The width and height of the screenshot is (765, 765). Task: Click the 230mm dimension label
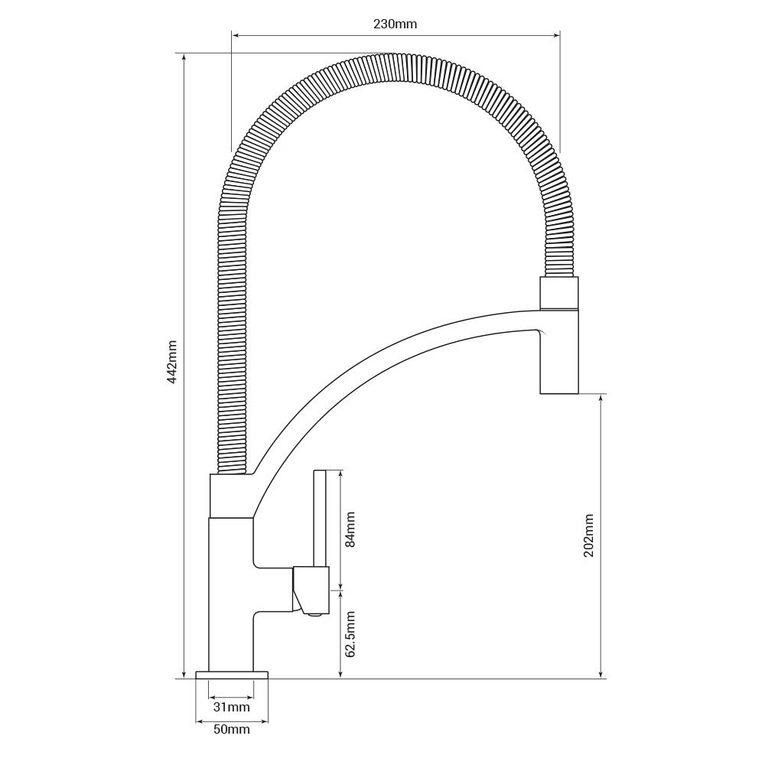[396, 24]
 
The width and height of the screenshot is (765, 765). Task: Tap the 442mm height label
[171, 362]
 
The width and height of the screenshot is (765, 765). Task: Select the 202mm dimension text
[589, 535]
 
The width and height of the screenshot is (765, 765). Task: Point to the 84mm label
[350, 529]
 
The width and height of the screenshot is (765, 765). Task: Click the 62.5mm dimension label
[350, 633]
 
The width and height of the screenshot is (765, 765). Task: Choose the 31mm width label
[232, 707]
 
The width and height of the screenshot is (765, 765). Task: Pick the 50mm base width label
[232, 729]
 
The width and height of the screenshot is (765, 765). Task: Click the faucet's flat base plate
[232, 675]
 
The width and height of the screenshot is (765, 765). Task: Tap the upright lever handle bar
[320, 519]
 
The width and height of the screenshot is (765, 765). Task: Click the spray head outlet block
[559, 351]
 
